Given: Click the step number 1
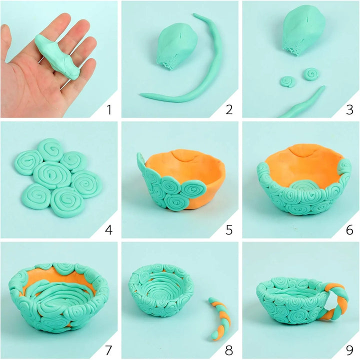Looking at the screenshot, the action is [109, 109].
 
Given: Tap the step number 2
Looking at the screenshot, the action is [229, 109].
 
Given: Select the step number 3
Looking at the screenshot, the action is [349, 109].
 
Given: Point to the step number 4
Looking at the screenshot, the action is [108, 230].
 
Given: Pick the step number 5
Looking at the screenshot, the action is [229, 230].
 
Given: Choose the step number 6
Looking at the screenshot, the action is [349, 230].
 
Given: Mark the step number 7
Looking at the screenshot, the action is [108, 350].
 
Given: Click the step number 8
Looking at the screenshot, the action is [229, 350].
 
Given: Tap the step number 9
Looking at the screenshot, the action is [349, 350].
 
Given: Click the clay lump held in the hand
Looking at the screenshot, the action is [57, 56].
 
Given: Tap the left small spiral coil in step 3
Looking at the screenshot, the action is [287, 81].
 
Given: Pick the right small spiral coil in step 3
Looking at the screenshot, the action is [311, 74].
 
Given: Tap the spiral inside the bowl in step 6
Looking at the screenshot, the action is [304, 185].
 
